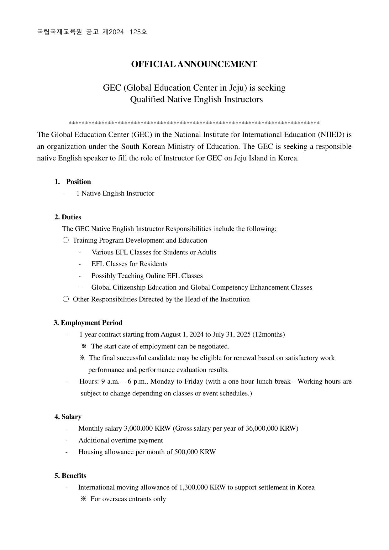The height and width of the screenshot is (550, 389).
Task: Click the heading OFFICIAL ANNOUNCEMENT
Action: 194,64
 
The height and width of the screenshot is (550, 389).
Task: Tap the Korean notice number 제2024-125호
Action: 125,32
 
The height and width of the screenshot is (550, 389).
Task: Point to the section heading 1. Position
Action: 73,182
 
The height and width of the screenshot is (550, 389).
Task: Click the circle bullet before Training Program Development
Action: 66,240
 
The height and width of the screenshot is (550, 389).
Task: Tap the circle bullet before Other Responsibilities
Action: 66,299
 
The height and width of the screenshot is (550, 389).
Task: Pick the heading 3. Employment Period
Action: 88,323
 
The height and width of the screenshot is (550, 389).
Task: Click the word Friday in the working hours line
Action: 193,381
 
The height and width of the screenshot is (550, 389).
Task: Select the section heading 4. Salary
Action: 68,417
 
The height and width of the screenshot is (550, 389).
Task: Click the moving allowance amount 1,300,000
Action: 193,487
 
